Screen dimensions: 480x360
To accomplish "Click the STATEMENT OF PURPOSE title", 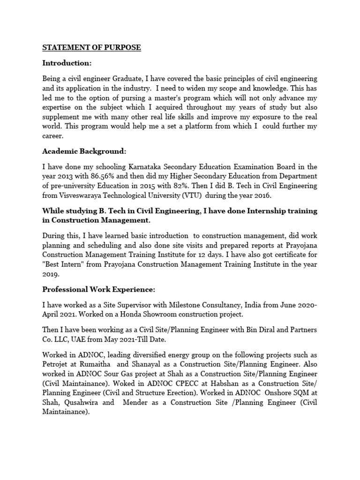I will (x=91, y=48).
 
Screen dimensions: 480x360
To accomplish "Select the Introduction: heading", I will (x=67, y=63).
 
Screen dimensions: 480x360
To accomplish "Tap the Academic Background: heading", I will (x=84, y=151).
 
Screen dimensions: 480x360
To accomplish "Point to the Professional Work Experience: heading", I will (x=102, y=290).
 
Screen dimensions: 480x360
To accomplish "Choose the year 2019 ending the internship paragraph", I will (x=50, y=274).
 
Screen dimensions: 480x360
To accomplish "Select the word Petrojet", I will (x=55, y=364).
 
